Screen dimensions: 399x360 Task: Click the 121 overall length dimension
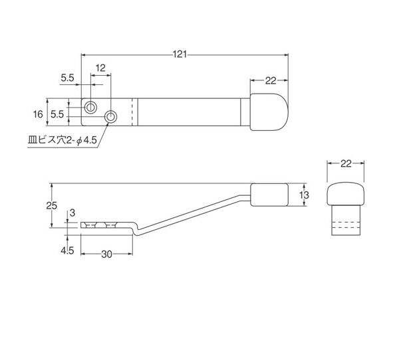(x=180, y=54)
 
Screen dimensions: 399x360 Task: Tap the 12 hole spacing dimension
(x=100, y=68)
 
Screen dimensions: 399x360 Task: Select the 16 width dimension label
(x=38, y=114)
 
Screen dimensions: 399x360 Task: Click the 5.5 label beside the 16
(x=57, y=114)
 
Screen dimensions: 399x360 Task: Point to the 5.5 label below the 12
(x=67, y=78)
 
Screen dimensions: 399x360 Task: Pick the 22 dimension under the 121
(x=271, y=81)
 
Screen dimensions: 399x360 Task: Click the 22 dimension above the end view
(x=346, y=163)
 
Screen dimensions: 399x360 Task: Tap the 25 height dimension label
(x=52, y=205)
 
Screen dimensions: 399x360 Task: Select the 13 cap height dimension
(x=304, y=195)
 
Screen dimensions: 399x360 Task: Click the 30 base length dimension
(x=106, y=254)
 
